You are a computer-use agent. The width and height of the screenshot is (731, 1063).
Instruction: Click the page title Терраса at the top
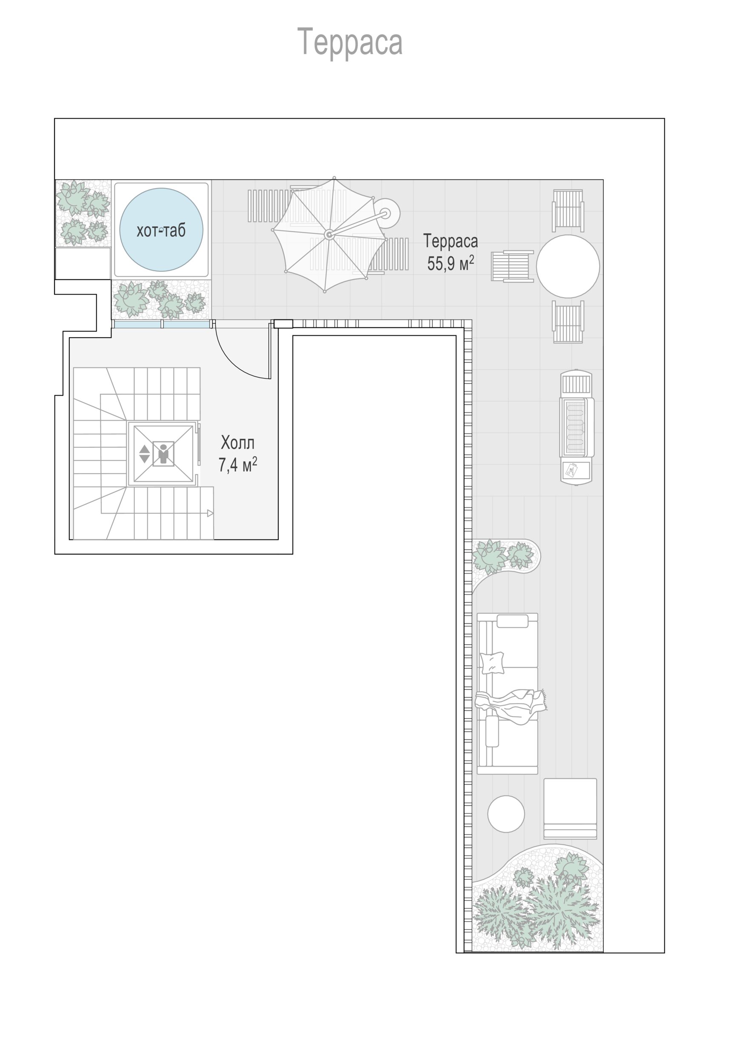350,42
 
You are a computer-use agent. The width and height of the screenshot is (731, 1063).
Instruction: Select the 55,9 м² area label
451,263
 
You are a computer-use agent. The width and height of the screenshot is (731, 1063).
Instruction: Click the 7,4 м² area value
238,465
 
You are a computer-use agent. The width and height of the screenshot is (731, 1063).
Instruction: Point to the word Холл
238,443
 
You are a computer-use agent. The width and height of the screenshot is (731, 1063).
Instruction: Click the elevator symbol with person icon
163,454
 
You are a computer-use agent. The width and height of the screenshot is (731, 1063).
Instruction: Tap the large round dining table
568,266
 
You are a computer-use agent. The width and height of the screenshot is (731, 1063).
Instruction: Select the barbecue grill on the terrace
576,426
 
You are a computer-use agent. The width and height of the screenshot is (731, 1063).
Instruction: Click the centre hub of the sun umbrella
328,235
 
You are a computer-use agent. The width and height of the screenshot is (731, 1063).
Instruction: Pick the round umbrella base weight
386,213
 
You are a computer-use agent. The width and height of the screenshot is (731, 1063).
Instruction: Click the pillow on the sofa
492,662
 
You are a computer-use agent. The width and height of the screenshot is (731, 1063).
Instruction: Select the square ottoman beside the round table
570,809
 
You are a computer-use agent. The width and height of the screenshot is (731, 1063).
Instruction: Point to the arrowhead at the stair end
210,513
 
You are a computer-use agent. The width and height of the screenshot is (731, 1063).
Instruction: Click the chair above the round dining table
568,210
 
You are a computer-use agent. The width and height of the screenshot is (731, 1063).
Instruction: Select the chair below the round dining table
568,322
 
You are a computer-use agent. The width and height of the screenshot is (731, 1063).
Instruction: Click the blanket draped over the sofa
511,705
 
